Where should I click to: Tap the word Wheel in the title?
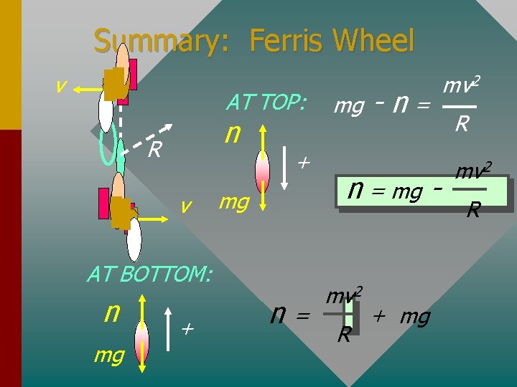[376, 41]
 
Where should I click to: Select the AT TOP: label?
[266, 102]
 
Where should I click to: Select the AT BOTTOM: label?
[149, 274]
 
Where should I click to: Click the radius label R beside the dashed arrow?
[153, 150]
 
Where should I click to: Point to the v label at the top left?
[62, 87]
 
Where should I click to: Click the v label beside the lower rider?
[185, 206]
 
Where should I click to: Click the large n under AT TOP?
[231, 133]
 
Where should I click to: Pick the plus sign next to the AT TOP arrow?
[303, 163]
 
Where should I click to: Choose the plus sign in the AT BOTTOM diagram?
[187, 329]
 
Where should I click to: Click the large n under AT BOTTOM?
[111, 312]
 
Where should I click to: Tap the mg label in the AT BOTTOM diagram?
[108, 354]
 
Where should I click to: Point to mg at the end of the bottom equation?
[415, 316]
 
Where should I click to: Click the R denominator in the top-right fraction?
[462, 124]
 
